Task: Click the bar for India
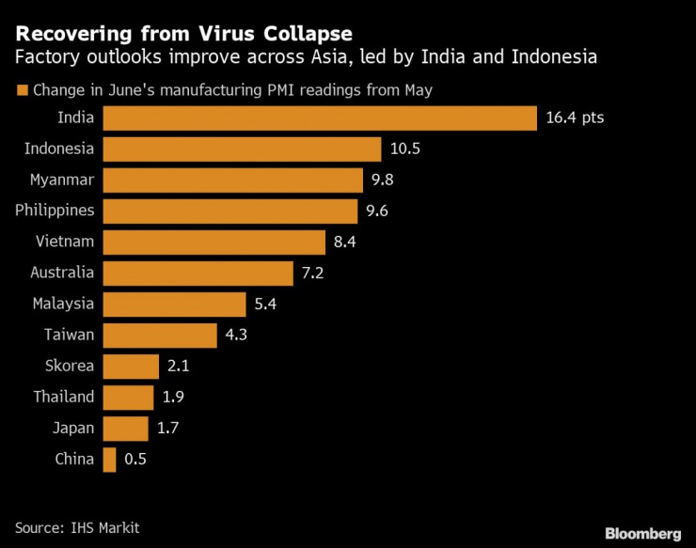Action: point(319,118)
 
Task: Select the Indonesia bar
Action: point(242,149)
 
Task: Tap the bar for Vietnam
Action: point(214,242)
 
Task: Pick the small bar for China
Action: point(109,459)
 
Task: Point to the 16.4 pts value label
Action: point(575,118)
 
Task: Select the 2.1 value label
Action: point(179,367)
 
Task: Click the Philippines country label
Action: point(55,211)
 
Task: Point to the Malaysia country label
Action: point(63,304)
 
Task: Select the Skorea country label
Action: point(70,366)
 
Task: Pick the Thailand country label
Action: point(64,397)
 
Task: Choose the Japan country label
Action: point(73,428)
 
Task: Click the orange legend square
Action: point(21,91)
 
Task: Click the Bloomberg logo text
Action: point(641,533)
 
